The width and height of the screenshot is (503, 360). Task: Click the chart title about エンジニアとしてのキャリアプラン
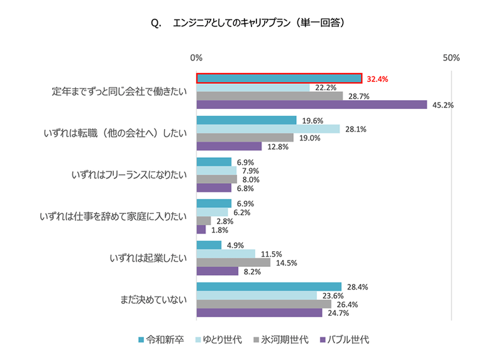click(x=251, y=23)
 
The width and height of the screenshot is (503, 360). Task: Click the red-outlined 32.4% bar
click(x=279, y=79)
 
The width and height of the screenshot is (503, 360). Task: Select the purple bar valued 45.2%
click(x=312, y=104)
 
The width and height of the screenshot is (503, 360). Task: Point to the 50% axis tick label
click(x=451, y=58)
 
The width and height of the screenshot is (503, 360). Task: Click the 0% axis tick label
click(x=196, y=58)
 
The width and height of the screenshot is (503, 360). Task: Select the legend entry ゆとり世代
click(x=221, y=340)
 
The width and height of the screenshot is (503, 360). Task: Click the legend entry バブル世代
click(x=345, y=340)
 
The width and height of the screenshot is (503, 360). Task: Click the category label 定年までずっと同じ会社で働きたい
click(x=119, y=92)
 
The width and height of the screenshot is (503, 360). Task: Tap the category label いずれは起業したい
click(x=148, y=258)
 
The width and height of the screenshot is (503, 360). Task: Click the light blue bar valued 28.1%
click(x=268, y=129)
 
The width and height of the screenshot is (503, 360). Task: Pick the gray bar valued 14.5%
click(x=233, y=262)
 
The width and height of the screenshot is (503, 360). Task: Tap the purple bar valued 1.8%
click(x=201, y=229)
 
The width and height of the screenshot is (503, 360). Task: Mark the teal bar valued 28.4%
click(x=268, y=287)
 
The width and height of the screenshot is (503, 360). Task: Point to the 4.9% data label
click(x=235, y=245)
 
